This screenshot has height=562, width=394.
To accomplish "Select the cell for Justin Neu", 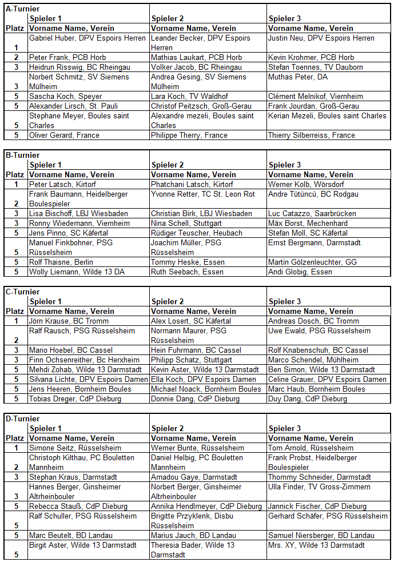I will pyautogui.click(x=321, y=38).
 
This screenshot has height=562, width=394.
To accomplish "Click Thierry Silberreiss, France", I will pyautogui.click(x=312, y=135).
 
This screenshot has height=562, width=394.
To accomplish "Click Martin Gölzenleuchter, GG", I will pyautogui.click(x=320, y=262).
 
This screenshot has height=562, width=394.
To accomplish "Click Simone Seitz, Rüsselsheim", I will pyautogui.click(x=71, y=448).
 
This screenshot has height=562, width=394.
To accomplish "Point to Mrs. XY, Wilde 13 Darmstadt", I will pyautogui.click(x=317, y=545).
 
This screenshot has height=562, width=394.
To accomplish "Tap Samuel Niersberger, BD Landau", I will pyautogui.click(x=321, y=535).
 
